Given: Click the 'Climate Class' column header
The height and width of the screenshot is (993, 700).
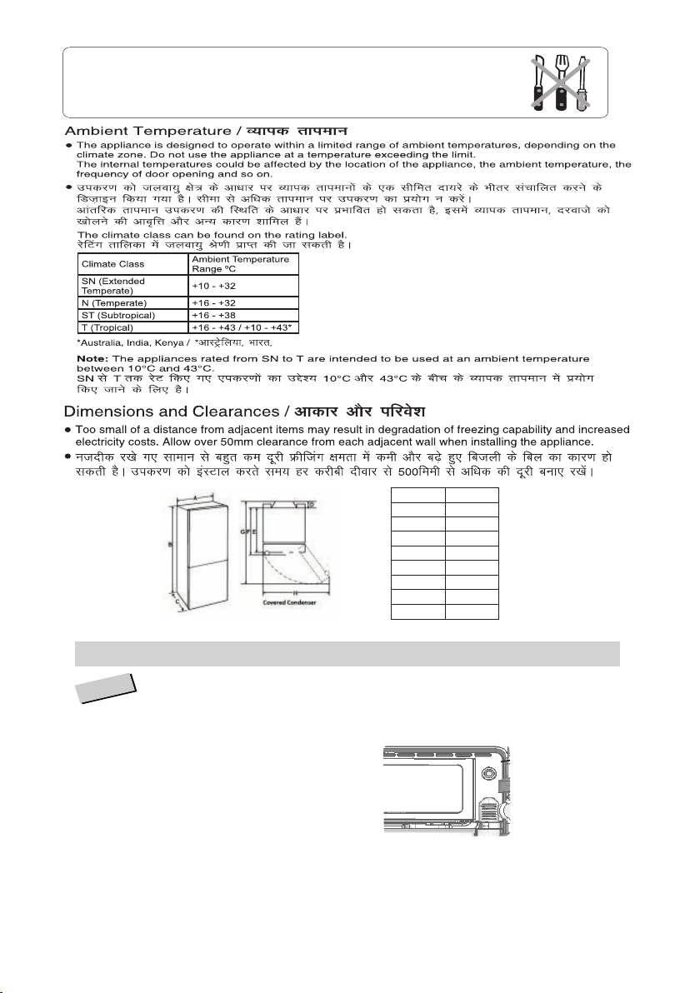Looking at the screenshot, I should click(x=107, y=264).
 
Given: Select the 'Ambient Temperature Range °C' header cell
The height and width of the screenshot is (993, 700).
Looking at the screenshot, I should click(x=241, y=264).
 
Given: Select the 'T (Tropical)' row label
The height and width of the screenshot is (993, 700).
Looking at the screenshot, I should click(x=107, y=327).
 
